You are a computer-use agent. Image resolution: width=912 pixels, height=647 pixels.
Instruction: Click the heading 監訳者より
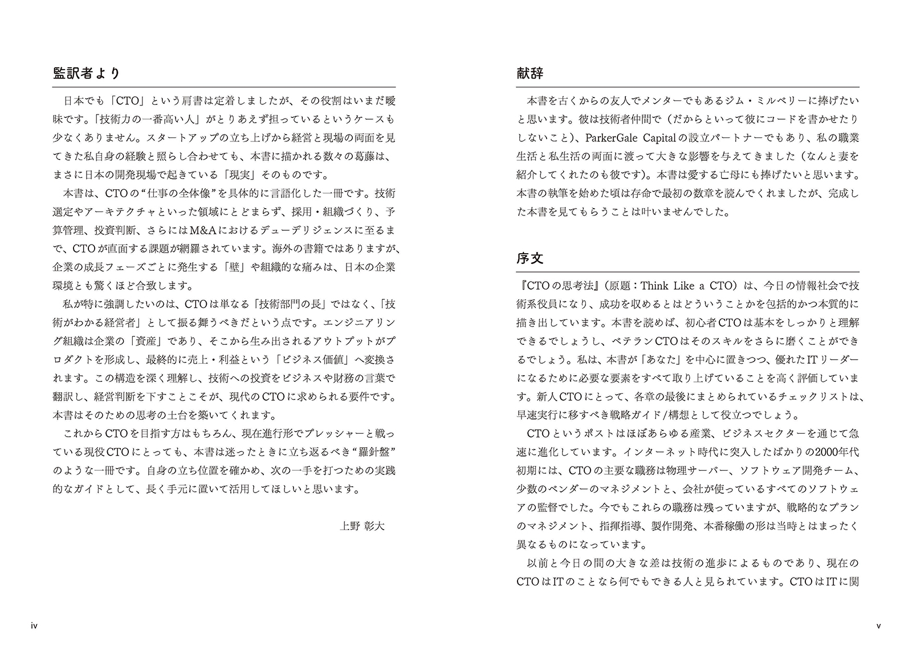point(86,74)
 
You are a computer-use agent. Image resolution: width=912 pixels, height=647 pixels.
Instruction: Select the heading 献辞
point(530,74)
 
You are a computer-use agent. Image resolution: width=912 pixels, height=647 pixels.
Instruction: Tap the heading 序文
point(530,258)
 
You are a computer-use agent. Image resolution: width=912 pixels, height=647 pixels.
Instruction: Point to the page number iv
point(34,626)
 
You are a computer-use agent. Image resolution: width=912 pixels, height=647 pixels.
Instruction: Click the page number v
point(878,626)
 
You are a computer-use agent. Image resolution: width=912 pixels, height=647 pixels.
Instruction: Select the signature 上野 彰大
point(362,526)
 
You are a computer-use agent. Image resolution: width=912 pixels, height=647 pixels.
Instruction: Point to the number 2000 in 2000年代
point(825,452)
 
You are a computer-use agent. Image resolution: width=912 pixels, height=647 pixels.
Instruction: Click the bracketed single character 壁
point(234,267)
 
